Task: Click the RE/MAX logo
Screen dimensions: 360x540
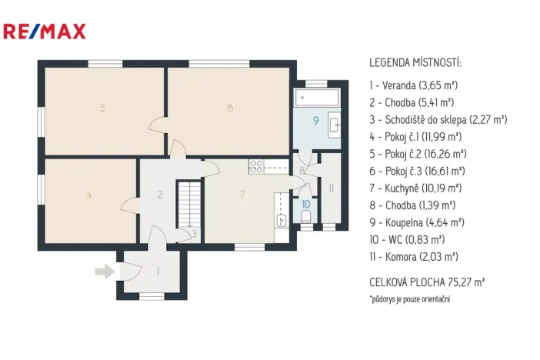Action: tap(45, 32)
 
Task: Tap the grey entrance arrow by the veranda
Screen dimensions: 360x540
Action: tap(102, 271)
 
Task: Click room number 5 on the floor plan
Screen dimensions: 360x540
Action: tap(102, 108)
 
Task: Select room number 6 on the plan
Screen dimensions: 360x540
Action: tap(230, 108)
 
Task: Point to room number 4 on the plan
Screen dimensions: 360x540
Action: tap(90, 195)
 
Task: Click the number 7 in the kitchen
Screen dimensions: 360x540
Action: tap(242, 195)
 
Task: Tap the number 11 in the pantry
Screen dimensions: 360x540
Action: tap(331, 188)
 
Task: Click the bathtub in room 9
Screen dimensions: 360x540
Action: tap(316, 98)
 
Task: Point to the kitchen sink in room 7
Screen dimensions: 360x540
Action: tap(282, 220)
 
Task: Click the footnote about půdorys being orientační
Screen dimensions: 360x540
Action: tap(409, 298)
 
